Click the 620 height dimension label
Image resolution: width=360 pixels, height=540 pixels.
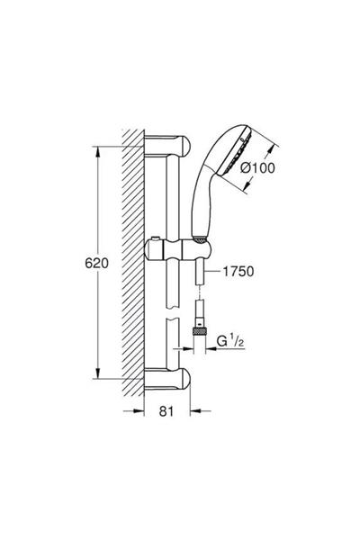[x=96, y=264]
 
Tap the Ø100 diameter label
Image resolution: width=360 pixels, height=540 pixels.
[x=258, y=168]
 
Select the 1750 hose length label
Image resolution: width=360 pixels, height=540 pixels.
[x=238, y=272]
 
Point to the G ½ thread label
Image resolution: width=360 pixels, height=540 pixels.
[x=230, y=341]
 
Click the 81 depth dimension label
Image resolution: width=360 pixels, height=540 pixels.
[x=166, y=411]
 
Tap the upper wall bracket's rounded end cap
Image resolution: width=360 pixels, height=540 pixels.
[x=184, y=146]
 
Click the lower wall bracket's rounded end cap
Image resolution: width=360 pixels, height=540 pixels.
[x=184, y=378]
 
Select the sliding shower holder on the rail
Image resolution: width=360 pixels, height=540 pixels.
[x=177, y=249]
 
